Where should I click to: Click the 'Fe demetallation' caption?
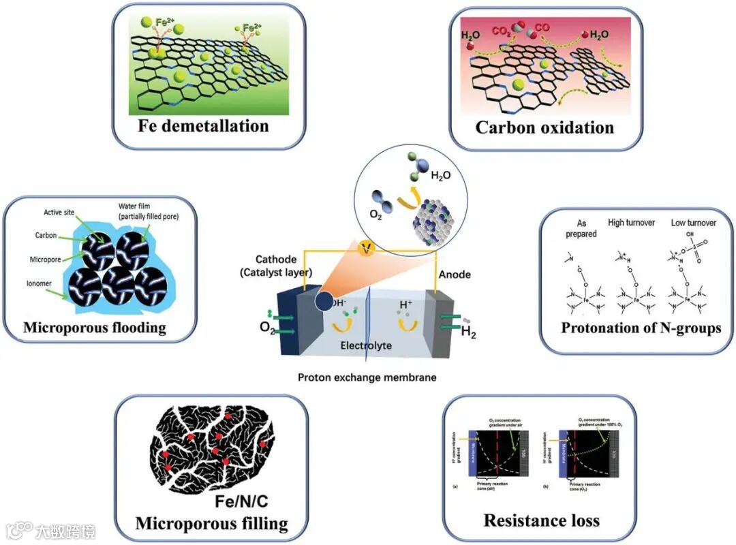(204, 126)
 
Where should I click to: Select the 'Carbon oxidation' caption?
(544, 127)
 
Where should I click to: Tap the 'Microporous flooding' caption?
(95, 328)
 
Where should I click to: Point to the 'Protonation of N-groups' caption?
(641, 328)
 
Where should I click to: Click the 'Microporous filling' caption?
(211, 523)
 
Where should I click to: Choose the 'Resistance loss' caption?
(541, 521)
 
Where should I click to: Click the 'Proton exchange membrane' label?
(367, 377)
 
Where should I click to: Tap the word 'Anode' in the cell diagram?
(455, 275)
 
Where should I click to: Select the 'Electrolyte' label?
(367, 345)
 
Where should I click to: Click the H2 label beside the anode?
(469, 332)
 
